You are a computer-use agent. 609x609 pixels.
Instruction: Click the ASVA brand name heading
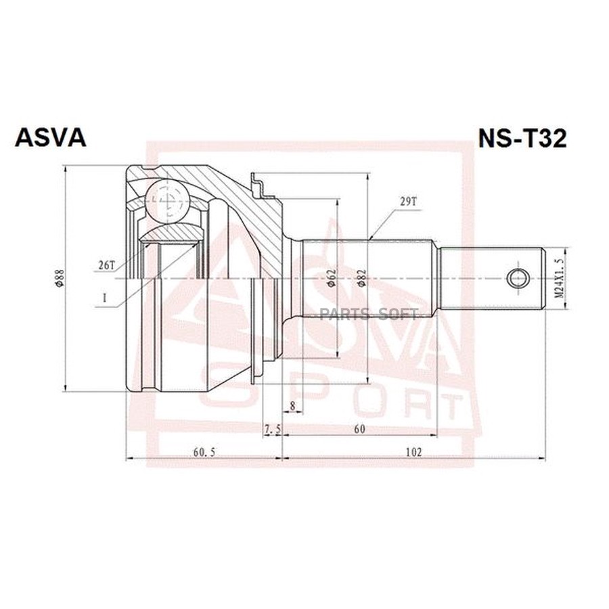(x=51, y=137)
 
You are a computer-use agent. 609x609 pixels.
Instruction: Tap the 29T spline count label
(x=407, y=202)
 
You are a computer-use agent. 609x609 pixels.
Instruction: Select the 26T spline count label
(x=107, y=266)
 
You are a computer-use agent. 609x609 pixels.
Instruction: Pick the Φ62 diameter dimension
(x=331, y=278)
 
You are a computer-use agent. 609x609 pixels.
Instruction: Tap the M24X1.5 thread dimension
(x=558, y=278)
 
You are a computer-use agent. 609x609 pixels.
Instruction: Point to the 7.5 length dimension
(x=272, y=429)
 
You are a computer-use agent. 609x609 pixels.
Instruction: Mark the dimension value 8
(x=292, y=406)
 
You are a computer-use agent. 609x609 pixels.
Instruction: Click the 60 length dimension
(x=359, y=429)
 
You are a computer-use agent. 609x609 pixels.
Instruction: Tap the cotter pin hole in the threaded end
(x=518, y=277)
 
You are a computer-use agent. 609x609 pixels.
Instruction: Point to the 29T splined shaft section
(x=369, y=278)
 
